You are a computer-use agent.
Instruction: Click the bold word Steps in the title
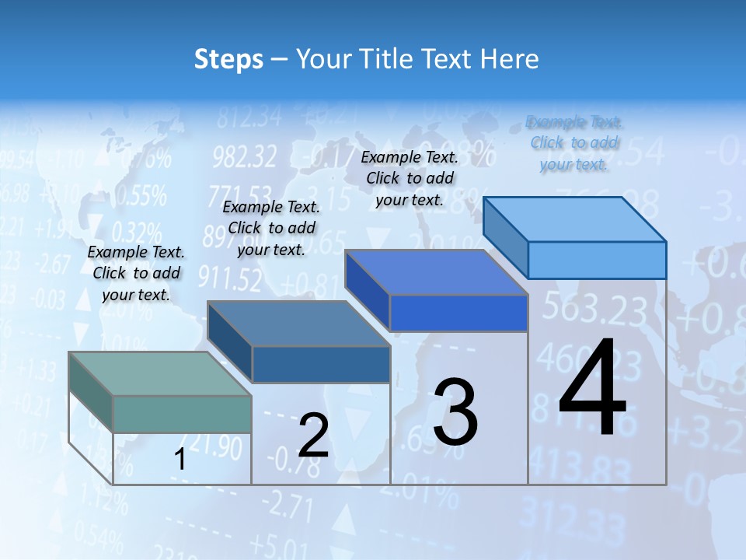pyautogui.click(x=228, y=59)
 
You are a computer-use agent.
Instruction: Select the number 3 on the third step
pyautogui.click(x=455, y=412)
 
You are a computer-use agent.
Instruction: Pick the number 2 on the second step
pyautogui.click(x=314, y=436)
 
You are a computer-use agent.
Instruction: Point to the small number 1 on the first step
pyautogui.click(x=180, y=460)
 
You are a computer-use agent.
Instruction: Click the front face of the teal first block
pyautogui.click(x=182, y=414)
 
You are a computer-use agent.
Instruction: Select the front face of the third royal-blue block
pyautogui.click(x=458, y=313)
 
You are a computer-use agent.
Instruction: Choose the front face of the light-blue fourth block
pyautogui.click(x=597, y=260)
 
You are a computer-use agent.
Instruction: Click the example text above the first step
pyautogui.click(x=137, y=273)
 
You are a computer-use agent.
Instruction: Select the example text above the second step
pyautogui.click(x=272, y=228)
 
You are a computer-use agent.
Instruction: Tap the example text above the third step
pyautogui.click(x=410, y=178)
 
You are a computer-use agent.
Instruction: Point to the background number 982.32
pyautogui.click(x=244, y=157)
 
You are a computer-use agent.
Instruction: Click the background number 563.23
pyautogui.click(x=594, y=309)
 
